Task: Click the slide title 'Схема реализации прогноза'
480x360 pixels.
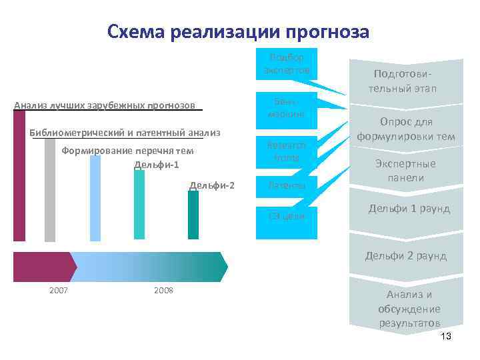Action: [238, 32]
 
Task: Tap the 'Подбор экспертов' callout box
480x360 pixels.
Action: [286, 65]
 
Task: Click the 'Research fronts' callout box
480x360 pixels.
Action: [286, 151]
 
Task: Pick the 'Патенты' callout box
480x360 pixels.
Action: [286, 185]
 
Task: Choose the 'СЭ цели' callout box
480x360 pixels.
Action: [286, 216]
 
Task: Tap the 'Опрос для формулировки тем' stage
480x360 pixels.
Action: [406, 129]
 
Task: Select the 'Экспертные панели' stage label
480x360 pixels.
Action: [406, 171]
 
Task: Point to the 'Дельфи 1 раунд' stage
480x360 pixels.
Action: [409, 209]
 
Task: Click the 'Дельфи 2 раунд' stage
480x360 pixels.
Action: [405, 255]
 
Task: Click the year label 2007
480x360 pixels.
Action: [58, 290]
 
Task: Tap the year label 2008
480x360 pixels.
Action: [163, 290]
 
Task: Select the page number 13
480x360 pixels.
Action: [446, 337]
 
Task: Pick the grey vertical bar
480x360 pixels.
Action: [50, 190]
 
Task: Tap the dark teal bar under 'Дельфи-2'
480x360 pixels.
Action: [193, 215]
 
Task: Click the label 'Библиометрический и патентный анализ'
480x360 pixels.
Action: [125, 131]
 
